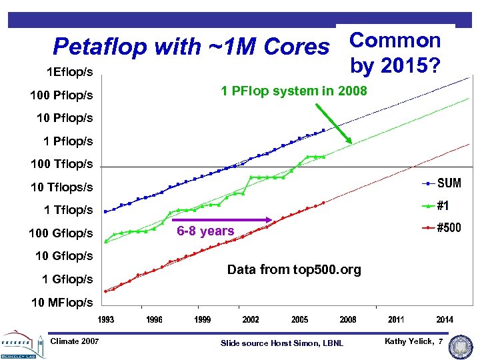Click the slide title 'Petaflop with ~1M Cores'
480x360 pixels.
[191, 47]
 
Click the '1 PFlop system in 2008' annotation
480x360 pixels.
[294, 91]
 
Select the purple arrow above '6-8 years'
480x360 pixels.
[226, 219]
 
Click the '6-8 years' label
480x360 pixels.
[205, 231]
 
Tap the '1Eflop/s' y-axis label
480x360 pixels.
[69, 71]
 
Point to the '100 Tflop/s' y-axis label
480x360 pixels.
[61, 164]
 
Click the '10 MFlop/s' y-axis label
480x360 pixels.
[62, 303]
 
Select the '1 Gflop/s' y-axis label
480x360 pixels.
[67, 279]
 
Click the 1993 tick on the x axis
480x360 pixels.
[106, 320]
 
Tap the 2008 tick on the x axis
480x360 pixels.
[348, 320]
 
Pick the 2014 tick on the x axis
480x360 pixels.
[445, 320]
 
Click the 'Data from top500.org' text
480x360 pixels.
[294, 270]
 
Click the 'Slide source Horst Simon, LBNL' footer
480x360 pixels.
[282, 343]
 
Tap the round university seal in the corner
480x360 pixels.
[461, 346]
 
